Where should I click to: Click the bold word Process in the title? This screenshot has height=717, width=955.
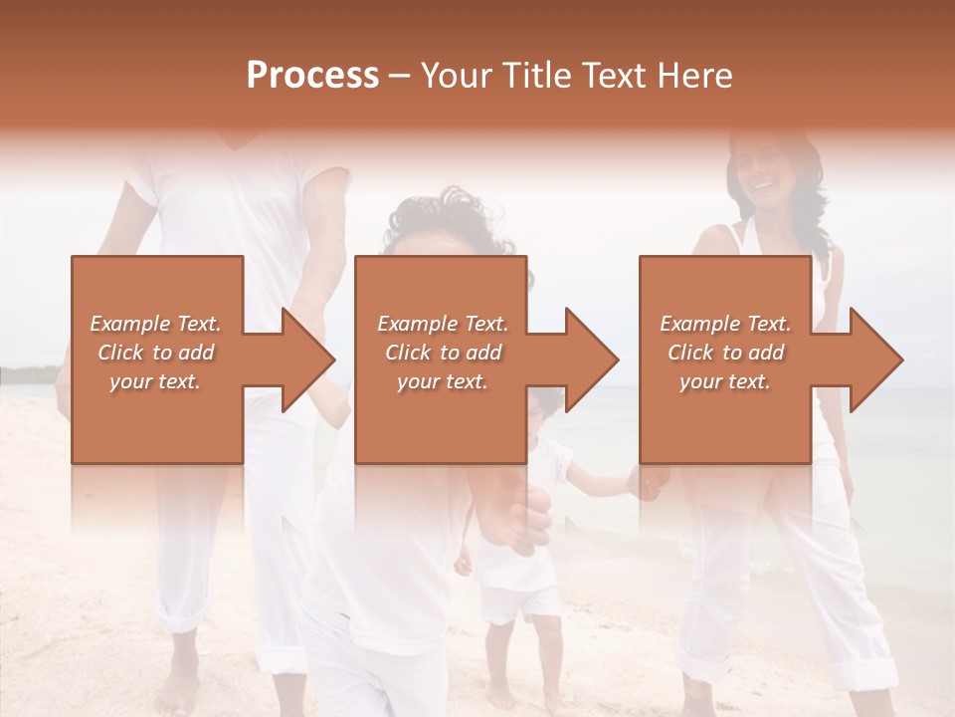point(312,76)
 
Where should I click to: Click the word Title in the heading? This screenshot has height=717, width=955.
point(535,76)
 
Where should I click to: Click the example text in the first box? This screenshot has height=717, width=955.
point(155,353)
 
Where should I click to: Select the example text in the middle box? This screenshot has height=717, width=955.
point(442,353)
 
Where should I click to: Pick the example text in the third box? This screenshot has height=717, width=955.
point(725,353)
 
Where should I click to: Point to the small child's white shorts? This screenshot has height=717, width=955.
point(520,602)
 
